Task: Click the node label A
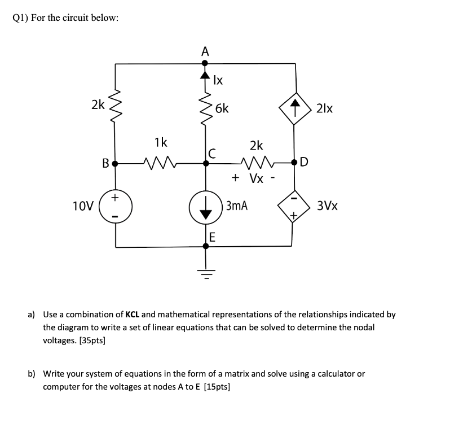(205, 51)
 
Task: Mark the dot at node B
(116, 164)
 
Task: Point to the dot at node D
(294, 164)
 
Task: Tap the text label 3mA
(237, 206)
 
